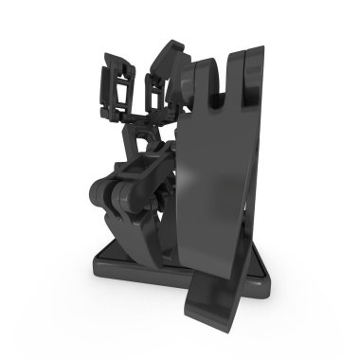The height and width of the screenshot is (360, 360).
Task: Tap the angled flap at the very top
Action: pos(171,52)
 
